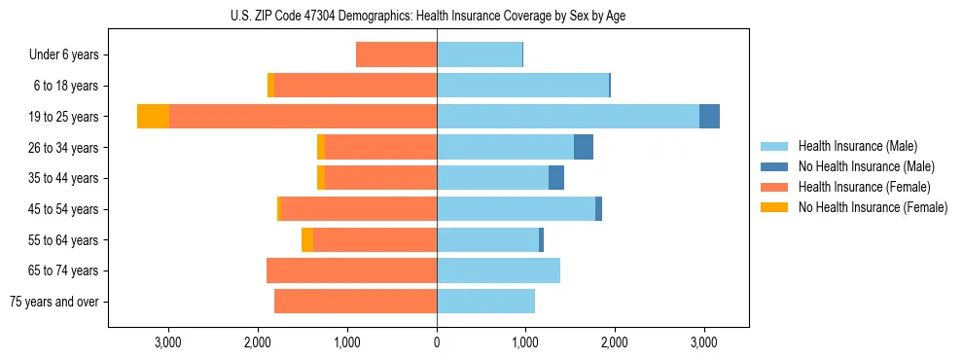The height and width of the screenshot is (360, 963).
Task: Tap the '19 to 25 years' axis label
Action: pos(59,117)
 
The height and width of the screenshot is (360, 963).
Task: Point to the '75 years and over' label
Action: pos(54,302)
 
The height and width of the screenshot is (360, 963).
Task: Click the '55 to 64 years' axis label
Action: pos(59,240)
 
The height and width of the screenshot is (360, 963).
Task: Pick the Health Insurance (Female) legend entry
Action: pos(864,187)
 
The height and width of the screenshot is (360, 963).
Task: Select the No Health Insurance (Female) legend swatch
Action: pos(774,207)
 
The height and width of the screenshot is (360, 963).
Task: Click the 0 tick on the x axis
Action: pos(437,342)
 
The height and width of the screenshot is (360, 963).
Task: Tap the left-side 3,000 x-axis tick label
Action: pos(168,342)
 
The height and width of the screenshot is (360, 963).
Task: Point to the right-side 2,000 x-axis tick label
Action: pos(615,342)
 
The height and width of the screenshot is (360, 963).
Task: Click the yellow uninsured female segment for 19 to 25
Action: pos(153,117)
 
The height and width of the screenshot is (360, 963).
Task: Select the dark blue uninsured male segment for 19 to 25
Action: pos(709,117)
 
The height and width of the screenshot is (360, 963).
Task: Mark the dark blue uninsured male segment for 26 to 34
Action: pos(584,147)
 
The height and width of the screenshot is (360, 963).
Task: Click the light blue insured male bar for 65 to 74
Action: pos(498,270)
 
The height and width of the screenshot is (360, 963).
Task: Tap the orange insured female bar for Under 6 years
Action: pos(396,54)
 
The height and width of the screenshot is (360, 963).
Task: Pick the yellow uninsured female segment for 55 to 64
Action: pos(307,240)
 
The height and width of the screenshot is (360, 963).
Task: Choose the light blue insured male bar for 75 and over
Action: pos(485,302)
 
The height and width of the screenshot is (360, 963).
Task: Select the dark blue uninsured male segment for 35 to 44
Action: pos(556,178)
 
